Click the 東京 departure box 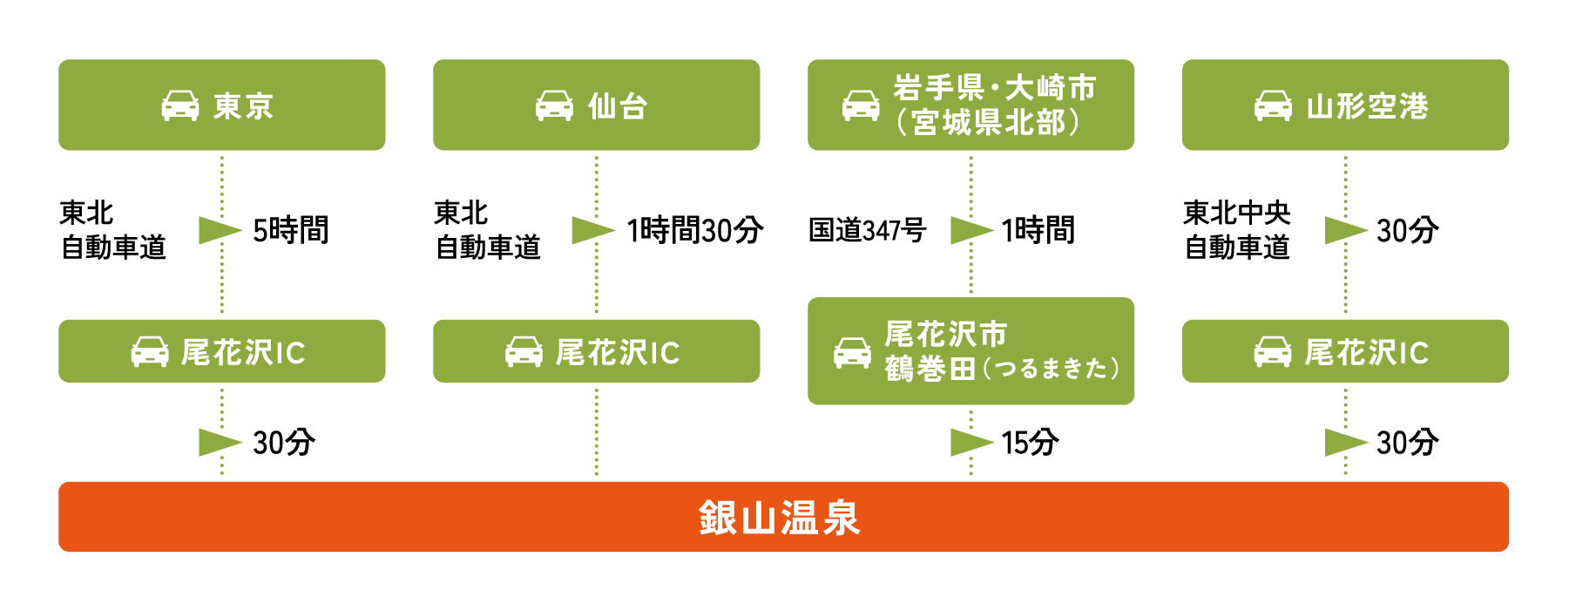221,105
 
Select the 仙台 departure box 596,105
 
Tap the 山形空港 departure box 1345,105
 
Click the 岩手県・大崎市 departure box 970,105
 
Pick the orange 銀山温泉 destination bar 783,517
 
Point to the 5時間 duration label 291,230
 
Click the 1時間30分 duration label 694,230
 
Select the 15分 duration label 1030,443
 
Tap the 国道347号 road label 867,230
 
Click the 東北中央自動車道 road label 1236,230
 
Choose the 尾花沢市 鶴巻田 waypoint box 970,351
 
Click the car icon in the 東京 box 180,106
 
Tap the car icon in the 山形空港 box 1273,106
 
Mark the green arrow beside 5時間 219,230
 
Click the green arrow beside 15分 970,443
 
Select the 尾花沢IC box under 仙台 596,351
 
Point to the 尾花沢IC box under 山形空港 1345,351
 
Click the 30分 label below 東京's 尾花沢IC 284,443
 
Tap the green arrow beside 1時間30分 592,230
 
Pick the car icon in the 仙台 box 554,106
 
